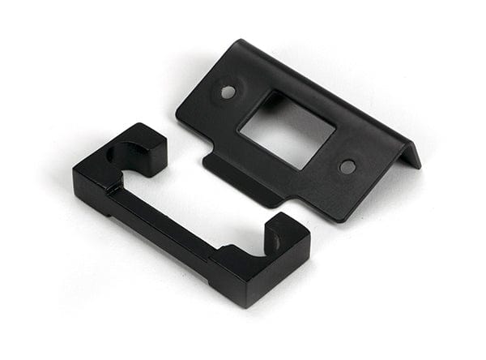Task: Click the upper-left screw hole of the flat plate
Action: point(228,92)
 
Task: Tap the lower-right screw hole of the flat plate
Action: point(347,167)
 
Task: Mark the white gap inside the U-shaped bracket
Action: point(202,203)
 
